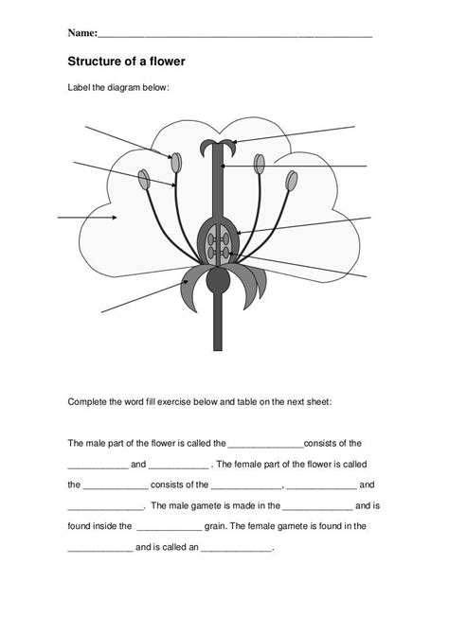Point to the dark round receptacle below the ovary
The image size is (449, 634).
click(219, 281)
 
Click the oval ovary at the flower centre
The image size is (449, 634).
click(219, 242)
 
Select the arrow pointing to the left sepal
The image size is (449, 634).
click(142, 296)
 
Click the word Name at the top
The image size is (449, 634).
click(82, 33)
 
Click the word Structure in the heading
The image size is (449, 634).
click(97, 62)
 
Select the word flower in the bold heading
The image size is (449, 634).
click(164, 62)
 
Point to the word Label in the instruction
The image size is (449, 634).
click(81, 88)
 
